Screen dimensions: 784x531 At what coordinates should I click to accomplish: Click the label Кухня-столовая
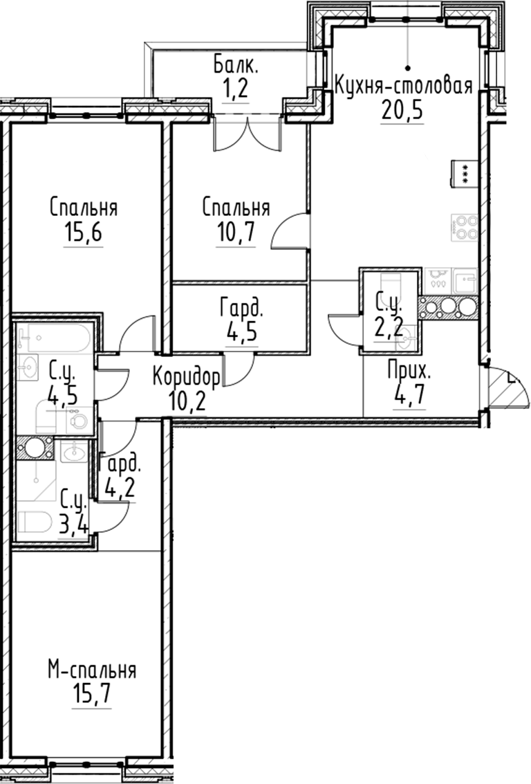pos(403,86)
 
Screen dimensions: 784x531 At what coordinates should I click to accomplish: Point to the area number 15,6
pos(83,233)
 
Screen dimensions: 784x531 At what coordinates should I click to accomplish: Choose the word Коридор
pos(187,377)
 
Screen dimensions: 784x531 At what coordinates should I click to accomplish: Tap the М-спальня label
pos(92,670)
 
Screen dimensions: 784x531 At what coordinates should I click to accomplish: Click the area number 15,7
pos(92,693)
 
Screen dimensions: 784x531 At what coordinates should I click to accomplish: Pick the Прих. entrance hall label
pos(409,371)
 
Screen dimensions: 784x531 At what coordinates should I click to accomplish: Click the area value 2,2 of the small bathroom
pos(389,325)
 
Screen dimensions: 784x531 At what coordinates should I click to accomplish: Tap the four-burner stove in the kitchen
pos(464,227)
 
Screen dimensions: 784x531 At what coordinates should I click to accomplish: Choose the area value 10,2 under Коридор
pos(187,401)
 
